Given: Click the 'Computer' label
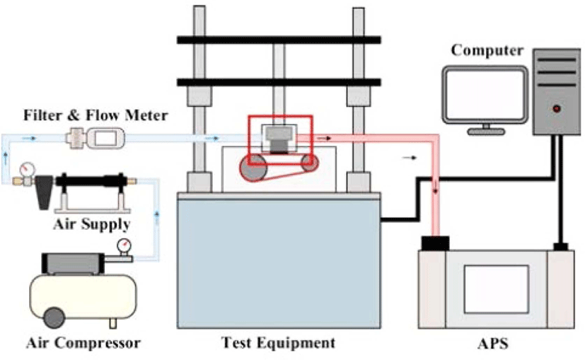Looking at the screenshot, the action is tap(487, 51).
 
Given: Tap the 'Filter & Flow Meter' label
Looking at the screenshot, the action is tap(95, 115).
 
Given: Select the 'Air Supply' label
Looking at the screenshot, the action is tap(92, 225).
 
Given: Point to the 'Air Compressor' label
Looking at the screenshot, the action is tap(83, 343).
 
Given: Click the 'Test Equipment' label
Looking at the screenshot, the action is tap(278, 342).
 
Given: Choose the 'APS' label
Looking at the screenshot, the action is tap(492, 344).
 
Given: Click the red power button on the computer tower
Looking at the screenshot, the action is tap(557, 109).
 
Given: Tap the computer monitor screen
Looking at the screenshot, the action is tap(485, 94).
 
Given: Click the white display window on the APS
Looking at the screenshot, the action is tap(496, 289).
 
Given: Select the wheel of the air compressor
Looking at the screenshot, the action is tap(54, 318).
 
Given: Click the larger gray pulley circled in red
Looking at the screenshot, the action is tap(254, 167).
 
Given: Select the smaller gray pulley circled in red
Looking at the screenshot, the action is tap(309, 163).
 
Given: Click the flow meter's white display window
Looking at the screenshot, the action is tap(106, 139).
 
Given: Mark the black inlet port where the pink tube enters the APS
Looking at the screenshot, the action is tap(435, 243).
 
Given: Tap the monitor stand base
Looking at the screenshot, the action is tap(486, 132).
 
